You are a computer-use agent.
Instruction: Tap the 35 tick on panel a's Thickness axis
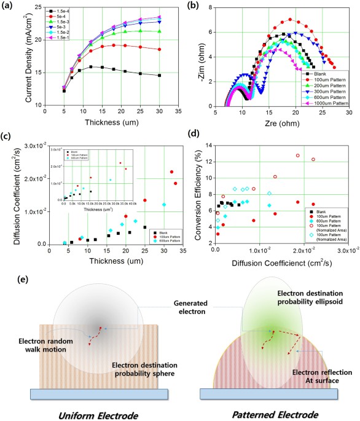pos(178,111)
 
